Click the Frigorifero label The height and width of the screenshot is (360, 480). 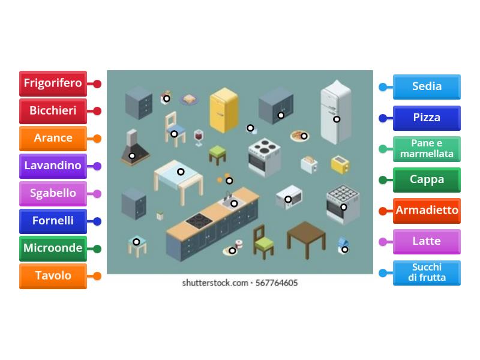tap(53, 83)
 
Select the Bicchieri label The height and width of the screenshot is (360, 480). tap(53, 111)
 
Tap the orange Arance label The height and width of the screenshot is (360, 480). tap(53, 139)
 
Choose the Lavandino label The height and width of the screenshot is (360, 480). tap(53, 166)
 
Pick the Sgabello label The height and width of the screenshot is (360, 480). tap(53, 194)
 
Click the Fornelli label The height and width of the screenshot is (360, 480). tap(53, 221)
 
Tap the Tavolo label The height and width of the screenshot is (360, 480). tap(53, 277)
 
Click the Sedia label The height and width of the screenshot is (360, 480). tap(427, 87)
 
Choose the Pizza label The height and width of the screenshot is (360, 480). tap(427, 118)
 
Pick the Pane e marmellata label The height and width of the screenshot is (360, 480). tap(427, 149)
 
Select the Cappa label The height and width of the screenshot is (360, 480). tap(427, 180)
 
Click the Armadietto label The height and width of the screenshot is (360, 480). tap(427, 211)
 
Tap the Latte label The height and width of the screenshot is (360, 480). tap(427, 242)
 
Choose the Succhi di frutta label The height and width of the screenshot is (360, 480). tap(427, 273)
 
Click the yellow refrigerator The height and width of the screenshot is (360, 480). tap(223, 111)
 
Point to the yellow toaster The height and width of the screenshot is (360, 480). tap(340, 164)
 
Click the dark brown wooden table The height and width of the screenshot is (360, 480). tap(306, 235)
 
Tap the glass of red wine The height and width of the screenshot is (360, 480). tap(199, 137)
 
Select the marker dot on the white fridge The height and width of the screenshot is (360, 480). tap(337, 119)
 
